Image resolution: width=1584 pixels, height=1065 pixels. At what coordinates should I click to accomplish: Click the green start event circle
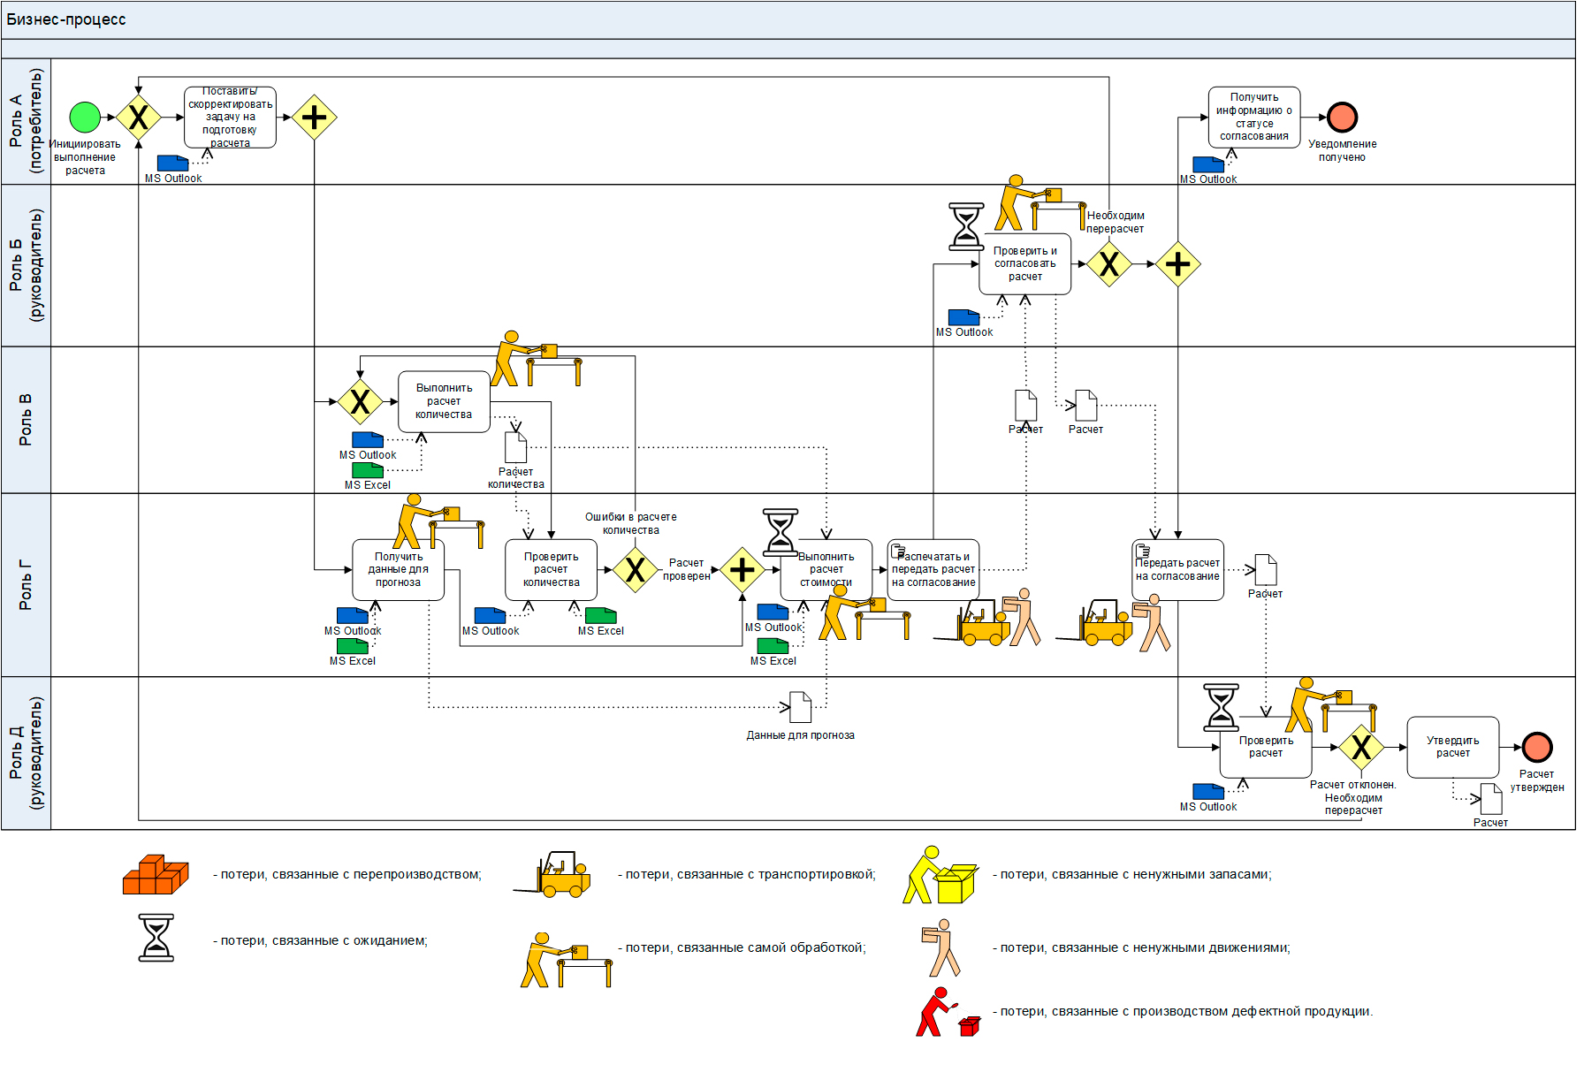[85, 117]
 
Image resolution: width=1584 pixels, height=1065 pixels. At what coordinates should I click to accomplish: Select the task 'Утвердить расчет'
[1452, 747]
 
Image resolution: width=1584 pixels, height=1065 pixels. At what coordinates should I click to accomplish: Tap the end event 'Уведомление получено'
[1342, 117]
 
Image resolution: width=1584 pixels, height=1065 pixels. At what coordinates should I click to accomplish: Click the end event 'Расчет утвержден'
[1537, 747]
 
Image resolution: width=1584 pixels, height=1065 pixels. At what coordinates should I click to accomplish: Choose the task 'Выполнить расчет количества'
[444, 401]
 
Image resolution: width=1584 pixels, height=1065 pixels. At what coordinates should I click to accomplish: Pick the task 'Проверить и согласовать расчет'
[1024, 263]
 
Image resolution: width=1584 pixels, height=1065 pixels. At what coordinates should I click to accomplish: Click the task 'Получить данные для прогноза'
[398, 570]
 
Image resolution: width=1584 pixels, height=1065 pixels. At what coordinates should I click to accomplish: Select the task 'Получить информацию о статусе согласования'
[1253, 117]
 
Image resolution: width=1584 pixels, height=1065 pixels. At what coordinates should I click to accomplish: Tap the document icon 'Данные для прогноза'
[800, 707]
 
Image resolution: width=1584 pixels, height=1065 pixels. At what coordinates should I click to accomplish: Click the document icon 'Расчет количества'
[515, 447]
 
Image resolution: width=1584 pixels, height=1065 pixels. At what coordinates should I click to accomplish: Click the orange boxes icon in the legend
[156, 875]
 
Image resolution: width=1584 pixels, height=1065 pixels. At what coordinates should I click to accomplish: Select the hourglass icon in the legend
[156, 938]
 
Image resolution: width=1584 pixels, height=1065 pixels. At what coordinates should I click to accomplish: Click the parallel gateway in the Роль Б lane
[1177, 263]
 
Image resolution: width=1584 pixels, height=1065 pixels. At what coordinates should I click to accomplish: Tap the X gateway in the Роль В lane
[360, 401]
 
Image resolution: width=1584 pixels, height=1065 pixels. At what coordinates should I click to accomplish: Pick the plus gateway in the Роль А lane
[314, 117]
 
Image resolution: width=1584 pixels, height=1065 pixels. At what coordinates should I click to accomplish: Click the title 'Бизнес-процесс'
[66, 19]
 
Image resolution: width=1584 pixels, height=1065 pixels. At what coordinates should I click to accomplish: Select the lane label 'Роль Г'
[25, 585]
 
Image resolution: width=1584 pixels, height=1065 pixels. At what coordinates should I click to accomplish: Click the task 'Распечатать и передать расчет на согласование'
[933, 570]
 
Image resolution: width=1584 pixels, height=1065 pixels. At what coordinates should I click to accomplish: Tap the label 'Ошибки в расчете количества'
[630, 523]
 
